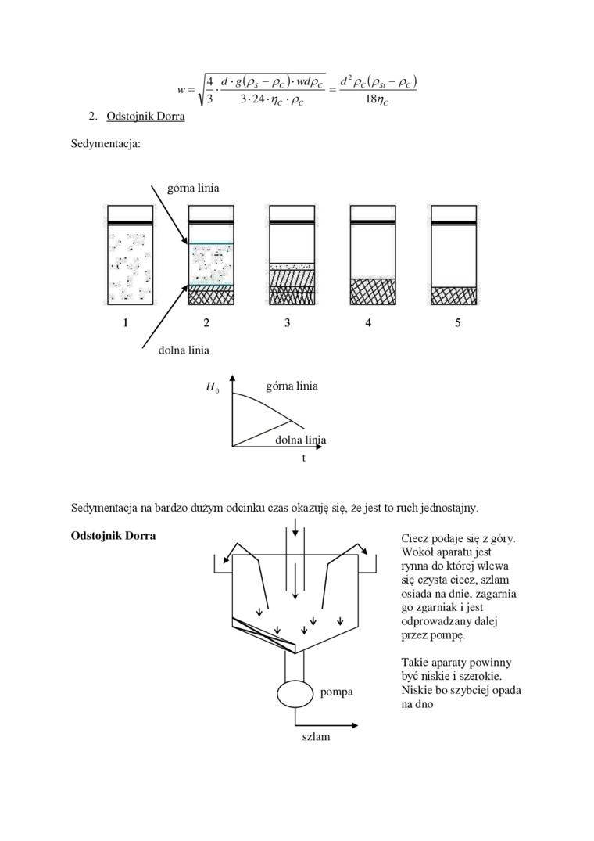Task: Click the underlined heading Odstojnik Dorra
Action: click(x=145, y=117)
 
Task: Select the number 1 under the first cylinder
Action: click(x=125, y=324)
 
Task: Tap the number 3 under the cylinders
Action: click(x=288, y=324)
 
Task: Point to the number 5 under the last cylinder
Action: click(x=458, y=324)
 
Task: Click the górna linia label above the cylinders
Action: click(x=193, y=188)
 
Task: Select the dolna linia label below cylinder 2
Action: click(x=184, y=350)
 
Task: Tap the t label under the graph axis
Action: click(x=304, y=458)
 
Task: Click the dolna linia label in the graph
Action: click(x=300, y=440)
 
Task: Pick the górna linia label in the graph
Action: click(x=292, y=386)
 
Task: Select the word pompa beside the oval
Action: click(x=336, y=692)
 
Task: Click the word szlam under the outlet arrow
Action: click(x=316, y=737)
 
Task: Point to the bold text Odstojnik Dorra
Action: click(x=113, y=537)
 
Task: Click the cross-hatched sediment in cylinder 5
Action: click(x=454, y=296)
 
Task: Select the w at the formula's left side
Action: click(x=181, y=90)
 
